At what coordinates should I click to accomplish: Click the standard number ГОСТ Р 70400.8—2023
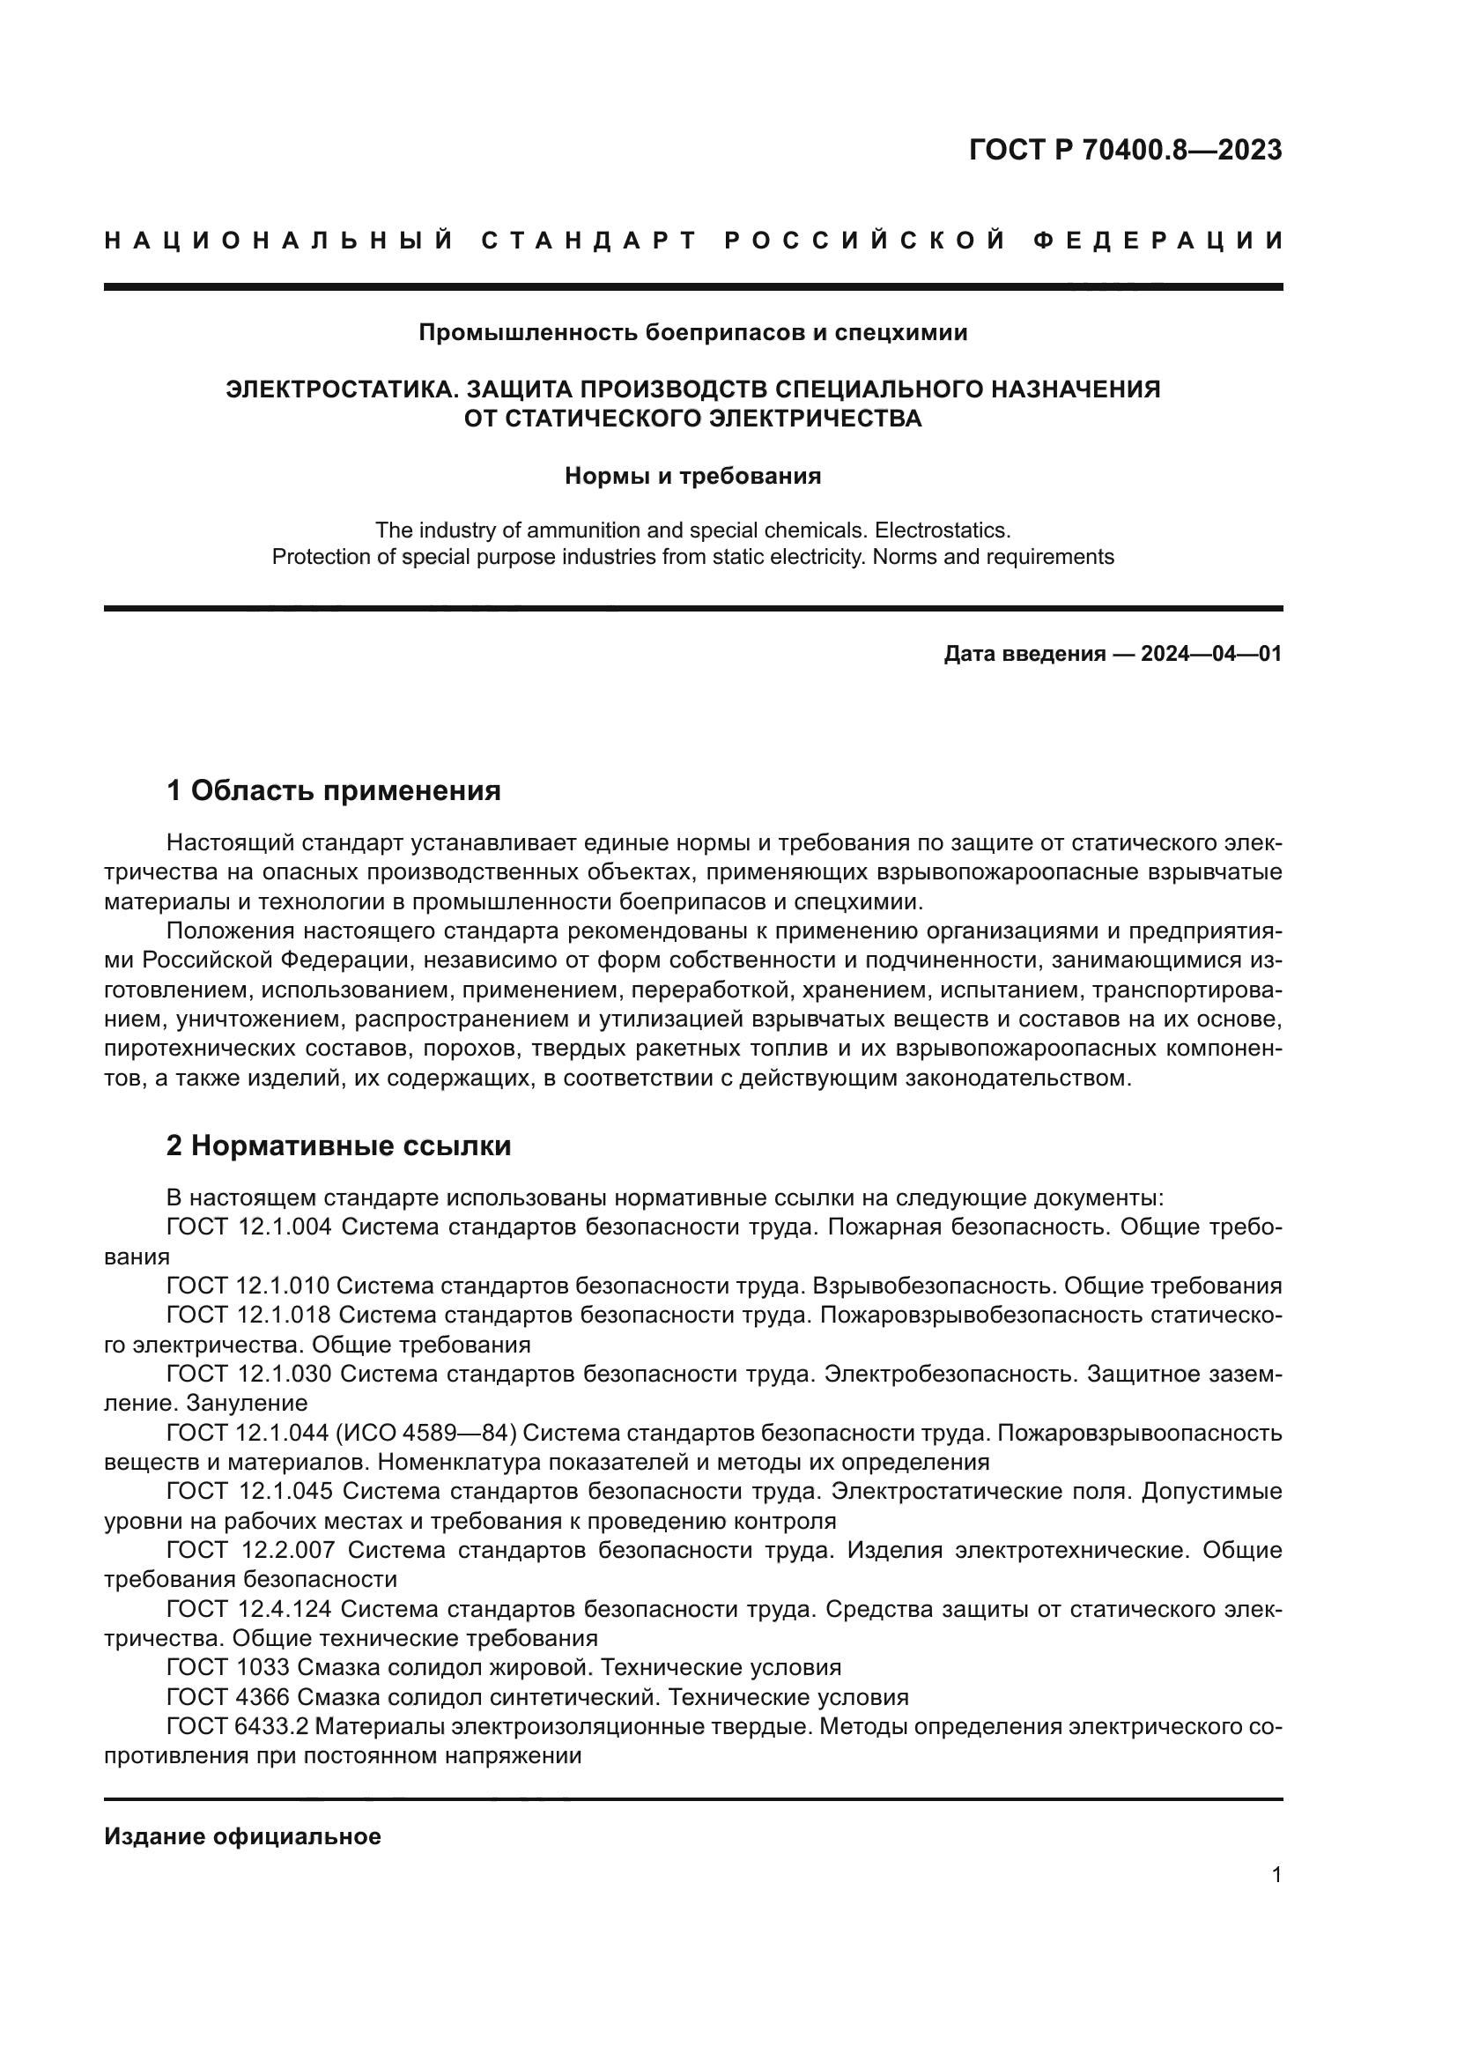tap(1125, 150)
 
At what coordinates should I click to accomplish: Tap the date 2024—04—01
tap(1211, 654)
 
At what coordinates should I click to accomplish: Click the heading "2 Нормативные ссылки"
tap(338, 1146)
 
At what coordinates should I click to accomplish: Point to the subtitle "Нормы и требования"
tap(692, 477)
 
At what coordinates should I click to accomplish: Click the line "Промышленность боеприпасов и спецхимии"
tap(692, 333)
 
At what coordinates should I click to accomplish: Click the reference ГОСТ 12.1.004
tap(248, 1227)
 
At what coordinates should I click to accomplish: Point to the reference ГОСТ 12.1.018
tap(248, 1315)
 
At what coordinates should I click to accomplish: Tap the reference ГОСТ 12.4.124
tap(248, 1610)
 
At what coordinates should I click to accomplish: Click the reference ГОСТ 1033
tap(228, 1668)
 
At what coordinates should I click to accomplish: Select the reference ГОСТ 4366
tap(228, 1697)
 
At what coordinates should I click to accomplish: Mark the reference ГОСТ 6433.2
tap(237, 1727)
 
